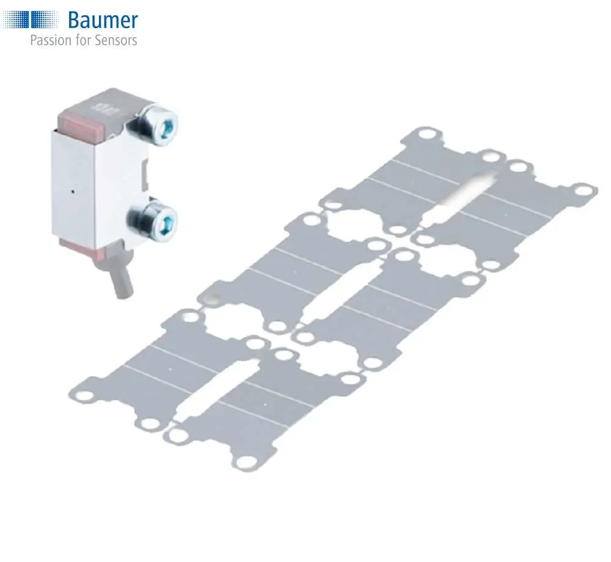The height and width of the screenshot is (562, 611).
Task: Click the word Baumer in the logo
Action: pyautogui.click(x=103, y=20)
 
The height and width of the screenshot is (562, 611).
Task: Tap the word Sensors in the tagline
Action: pyautogui.click(x=115, y=40)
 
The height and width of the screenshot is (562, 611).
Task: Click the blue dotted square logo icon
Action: pyautogui.click(x=29, y=20)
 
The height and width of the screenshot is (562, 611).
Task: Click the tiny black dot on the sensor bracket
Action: pyautogui.click(x=73, y=191)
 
